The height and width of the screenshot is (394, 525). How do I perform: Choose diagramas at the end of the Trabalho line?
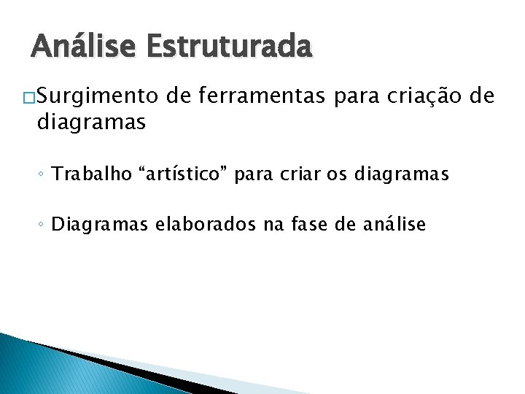tap(388, 175)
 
